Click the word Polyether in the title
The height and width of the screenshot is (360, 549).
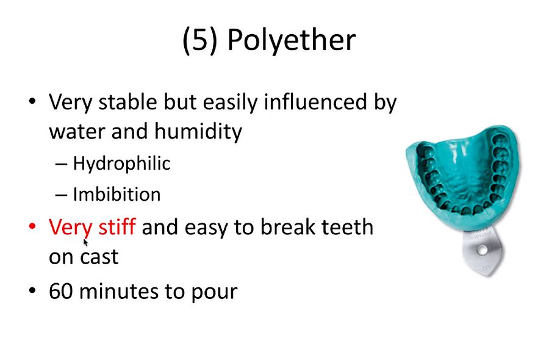click(291, 40)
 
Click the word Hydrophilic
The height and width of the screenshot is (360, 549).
click(121, 164)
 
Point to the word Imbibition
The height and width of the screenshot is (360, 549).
click(117, 195)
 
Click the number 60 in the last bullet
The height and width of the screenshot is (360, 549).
click(60, 291)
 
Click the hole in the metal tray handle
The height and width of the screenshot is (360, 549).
click(483, 250)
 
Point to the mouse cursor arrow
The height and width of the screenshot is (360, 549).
click(86, 242)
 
